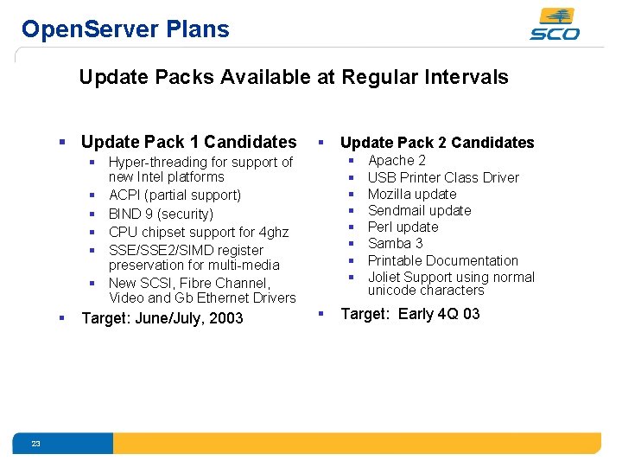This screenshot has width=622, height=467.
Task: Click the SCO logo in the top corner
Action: (x=555, y=24)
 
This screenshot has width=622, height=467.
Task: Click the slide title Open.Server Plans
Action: (x=125, y=29)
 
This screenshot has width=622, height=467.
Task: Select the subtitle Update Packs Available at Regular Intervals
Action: (x=293, y=77)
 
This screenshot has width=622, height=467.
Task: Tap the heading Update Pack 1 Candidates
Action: (x=188, y=142)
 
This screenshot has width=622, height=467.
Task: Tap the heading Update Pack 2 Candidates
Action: (x=437, y=143)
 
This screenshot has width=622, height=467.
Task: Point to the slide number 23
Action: (x=35, y=444)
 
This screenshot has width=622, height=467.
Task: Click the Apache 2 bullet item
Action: (x=397, y=160)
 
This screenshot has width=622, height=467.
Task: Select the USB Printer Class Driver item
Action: (x=443, y=177)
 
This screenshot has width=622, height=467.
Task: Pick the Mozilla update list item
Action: (x=412, y=194)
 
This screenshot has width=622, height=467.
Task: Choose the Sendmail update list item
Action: (x=419, y=210)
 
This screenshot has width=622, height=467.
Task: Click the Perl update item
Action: (x=403, y=227)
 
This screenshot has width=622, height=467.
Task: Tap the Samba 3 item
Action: (x=395, y=243)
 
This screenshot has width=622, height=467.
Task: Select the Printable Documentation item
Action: (x=442, y=260)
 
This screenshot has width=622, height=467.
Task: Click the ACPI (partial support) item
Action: (x=175, y=195)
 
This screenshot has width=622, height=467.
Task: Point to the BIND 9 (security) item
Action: (x=161, y=214)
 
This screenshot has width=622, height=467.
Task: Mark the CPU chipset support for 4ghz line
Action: (x=199, y=232)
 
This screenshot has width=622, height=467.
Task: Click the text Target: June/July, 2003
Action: (x=162, y=318)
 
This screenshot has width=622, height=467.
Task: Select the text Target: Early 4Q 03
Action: (x=410, y=314)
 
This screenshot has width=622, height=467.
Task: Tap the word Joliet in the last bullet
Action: (x=385, y=277)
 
